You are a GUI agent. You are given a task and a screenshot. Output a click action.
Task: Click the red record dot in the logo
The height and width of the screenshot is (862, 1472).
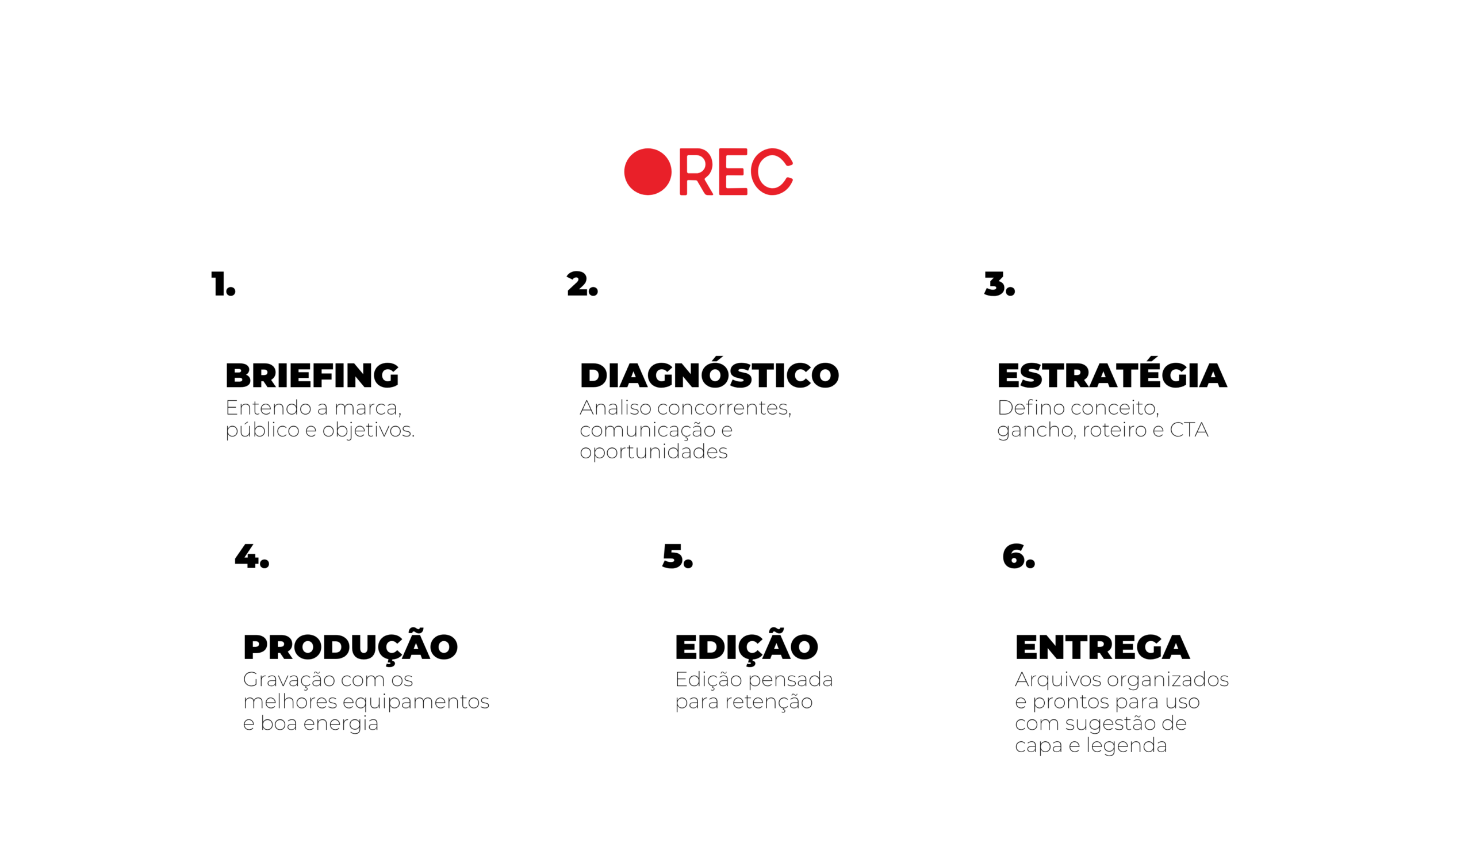[648, 172]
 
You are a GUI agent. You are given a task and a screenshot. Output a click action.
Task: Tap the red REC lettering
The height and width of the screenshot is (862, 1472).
[736, 172]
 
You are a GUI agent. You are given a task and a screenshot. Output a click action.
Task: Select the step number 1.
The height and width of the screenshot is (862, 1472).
[223, 284]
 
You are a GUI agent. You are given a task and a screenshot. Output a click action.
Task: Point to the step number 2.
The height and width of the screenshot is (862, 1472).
[582, 284]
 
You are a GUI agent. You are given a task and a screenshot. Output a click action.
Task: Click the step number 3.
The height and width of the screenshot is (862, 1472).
[999, 284]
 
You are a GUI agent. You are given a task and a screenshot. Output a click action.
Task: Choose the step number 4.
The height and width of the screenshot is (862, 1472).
[252, 556]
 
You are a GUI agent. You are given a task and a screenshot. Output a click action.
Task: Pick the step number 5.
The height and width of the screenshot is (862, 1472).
[677, 556]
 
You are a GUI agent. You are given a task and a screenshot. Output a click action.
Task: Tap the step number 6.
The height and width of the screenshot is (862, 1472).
[1019, 556]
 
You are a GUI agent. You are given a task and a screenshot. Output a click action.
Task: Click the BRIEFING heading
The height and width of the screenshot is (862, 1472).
[312, 376]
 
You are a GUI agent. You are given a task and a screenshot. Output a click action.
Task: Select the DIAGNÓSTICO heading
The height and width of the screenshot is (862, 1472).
[709, 373]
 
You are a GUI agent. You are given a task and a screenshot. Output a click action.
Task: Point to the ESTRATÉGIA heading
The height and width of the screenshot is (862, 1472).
[1111, 373]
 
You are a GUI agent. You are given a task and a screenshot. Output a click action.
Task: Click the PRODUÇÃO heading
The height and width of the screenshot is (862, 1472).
[351, 646]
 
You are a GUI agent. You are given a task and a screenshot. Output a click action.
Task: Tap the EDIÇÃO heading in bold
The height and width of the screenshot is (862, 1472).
[746, 646]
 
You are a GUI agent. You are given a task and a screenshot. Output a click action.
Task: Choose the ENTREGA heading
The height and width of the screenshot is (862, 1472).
[1102, 648]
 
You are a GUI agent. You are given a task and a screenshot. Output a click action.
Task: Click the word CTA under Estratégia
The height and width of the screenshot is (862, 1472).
[1189, 430]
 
